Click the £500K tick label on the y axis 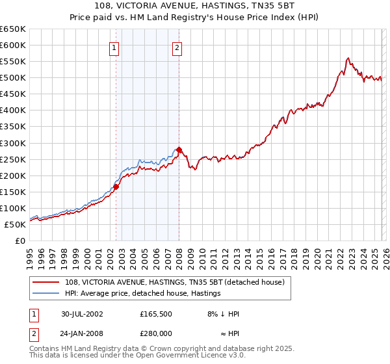coord(12,78)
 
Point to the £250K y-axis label coord(12,159)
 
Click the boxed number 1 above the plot coord(114,47)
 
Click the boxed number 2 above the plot coord(177,47)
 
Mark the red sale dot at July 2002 coord(116,187)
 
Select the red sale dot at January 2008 coord(179,149)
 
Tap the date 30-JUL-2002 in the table coord(82,314)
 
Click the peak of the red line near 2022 coord(348,58)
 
